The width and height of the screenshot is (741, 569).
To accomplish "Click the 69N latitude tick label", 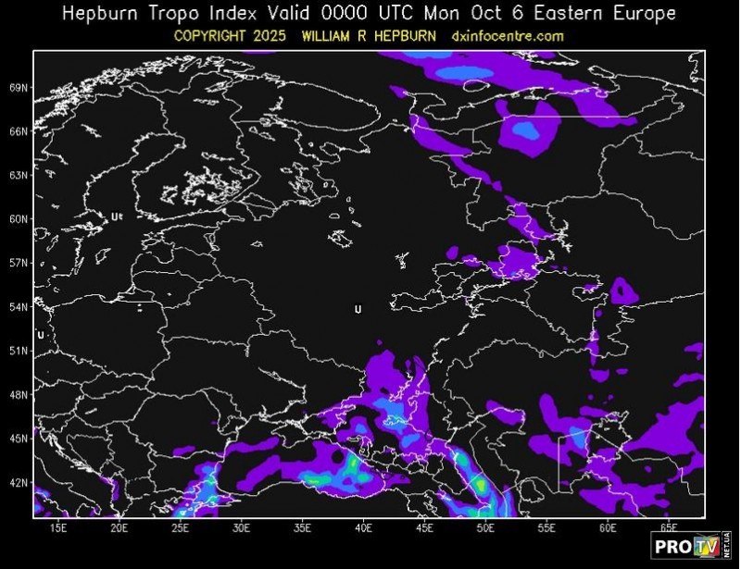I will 19,88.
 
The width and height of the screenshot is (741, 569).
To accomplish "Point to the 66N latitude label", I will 19,131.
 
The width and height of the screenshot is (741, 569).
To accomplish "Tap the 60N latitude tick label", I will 19,219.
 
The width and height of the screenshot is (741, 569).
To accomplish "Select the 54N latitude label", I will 19,307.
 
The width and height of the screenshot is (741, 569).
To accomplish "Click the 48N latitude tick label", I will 19,395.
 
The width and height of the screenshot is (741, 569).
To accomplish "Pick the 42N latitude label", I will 19,483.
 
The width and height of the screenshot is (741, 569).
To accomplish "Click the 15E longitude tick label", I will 58,528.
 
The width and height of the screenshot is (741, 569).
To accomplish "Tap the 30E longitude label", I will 242,528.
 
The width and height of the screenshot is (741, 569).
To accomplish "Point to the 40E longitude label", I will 364,528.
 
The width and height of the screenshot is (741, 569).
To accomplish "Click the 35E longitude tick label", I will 303,528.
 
